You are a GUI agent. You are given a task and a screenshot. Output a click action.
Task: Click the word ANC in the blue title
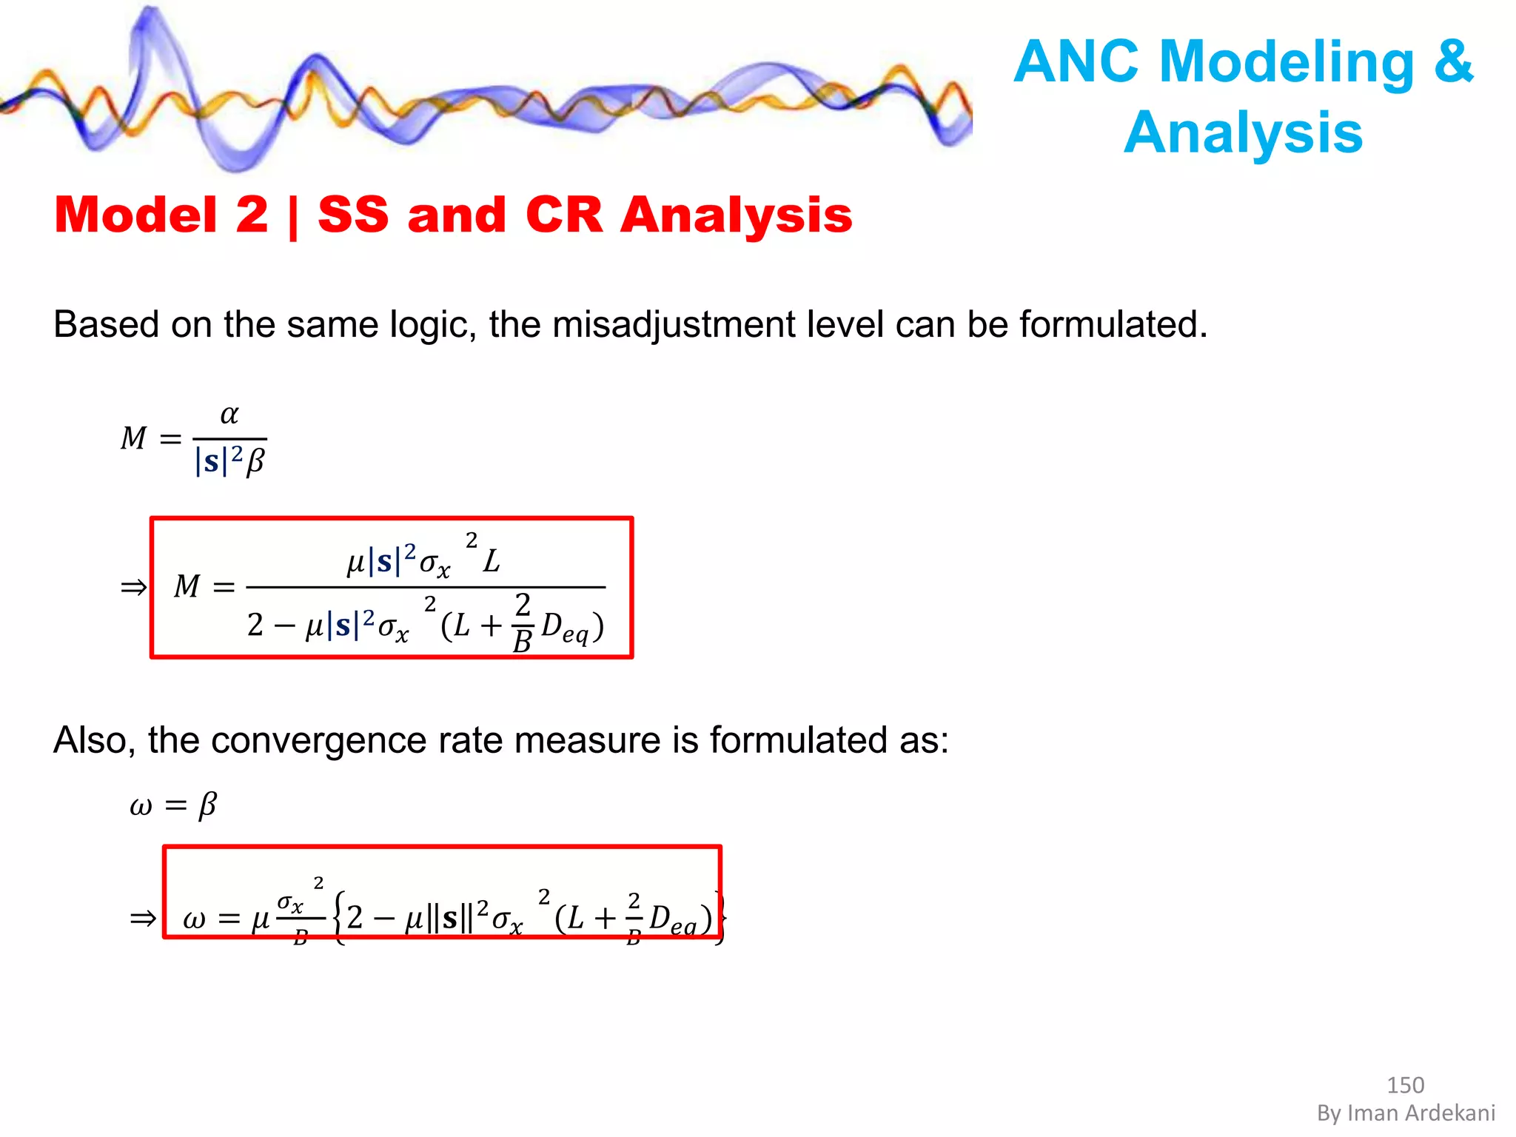[1076, 61]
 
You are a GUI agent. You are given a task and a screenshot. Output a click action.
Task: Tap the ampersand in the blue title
[1453, 61]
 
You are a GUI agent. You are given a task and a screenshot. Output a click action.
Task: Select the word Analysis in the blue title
[1243, 133]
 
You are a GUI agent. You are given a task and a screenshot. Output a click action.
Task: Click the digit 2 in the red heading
[252, 215]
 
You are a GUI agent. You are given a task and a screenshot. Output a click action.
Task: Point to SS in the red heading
[353, 215]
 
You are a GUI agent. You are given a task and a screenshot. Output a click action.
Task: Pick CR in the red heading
[564, 215]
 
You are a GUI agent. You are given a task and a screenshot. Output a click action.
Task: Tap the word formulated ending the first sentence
[1113, 325]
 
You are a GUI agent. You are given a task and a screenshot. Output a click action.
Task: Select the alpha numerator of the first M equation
[229, 415]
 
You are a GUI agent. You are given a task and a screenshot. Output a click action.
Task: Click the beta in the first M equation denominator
[255, 461]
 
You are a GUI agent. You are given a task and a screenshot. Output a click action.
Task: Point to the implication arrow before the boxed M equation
[133, 588]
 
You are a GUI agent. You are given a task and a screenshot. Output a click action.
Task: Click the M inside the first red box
[187, 586]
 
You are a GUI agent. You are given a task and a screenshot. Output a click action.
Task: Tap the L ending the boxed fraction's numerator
[492, 561]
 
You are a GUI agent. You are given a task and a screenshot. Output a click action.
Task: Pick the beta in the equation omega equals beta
[208, 805]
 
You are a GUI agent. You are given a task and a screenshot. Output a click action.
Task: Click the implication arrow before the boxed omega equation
[143, 919]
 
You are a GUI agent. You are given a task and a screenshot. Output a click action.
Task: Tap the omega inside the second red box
[194, 919]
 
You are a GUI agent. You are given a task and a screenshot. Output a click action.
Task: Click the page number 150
[1405, 1085]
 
